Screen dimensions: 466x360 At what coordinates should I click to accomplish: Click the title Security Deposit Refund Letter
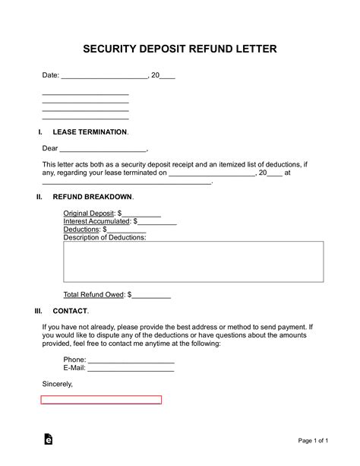[179, 49]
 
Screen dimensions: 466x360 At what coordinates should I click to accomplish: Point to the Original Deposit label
[88, 214]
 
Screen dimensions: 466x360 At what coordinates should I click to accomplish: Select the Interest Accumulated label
[96, 221]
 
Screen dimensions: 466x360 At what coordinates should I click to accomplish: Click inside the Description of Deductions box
[193, 262]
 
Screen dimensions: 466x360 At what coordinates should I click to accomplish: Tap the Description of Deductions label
[105, 237]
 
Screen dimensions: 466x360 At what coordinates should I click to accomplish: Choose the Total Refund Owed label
[94, 293]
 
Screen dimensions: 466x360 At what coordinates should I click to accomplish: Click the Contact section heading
[70, 311]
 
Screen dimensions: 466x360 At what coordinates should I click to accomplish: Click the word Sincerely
[58, 384]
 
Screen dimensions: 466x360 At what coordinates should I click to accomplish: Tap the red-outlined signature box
[101, 399]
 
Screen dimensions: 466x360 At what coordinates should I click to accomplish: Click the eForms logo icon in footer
[49, 439]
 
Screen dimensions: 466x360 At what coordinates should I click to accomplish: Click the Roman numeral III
[39, 311]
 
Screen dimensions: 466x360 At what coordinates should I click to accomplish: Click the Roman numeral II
[39, 197]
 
